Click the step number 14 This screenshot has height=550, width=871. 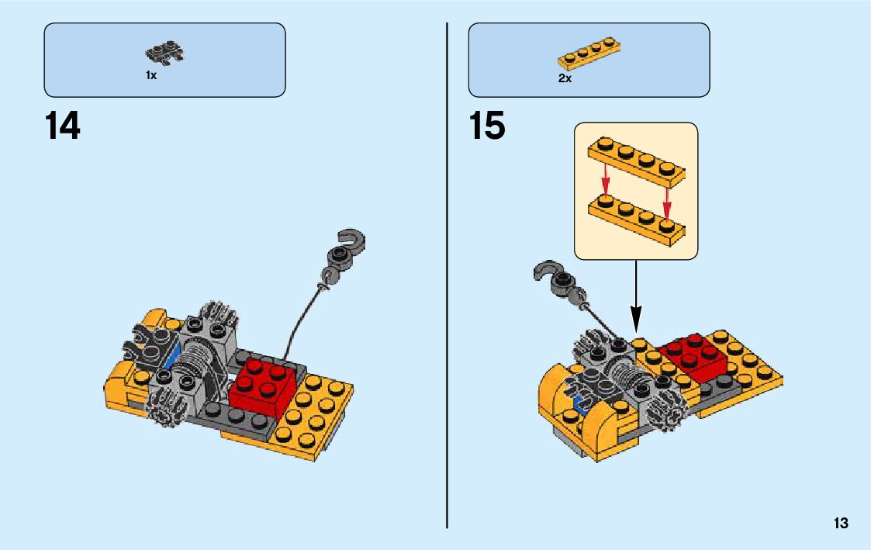pos(63,126)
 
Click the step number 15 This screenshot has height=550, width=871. pos(487,126)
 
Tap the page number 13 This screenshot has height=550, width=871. pos(841,524)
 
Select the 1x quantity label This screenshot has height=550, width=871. pos(151,76)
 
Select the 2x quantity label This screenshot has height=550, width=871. pos(565,78)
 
